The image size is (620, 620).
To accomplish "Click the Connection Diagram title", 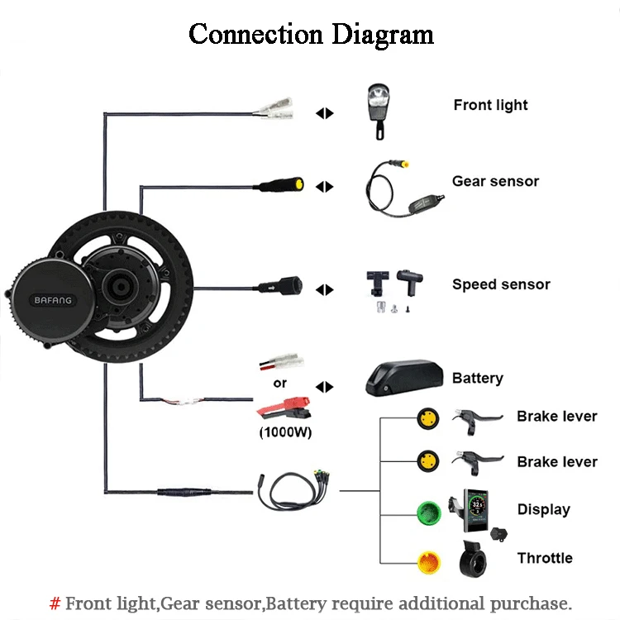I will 311,35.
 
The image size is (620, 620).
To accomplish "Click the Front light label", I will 490,105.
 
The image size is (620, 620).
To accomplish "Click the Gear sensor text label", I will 495,181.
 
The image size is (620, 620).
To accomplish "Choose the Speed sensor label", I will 501,284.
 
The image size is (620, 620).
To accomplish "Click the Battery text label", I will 477,378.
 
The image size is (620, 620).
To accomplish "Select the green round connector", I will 428,510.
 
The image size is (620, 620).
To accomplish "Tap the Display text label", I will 543,509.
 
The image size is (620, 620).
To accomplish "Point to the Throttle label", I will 545,558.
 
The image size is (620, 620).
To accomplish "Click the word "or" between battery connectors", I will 280,384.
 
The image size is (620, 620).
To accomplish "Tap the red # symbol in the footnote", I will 55,603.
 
